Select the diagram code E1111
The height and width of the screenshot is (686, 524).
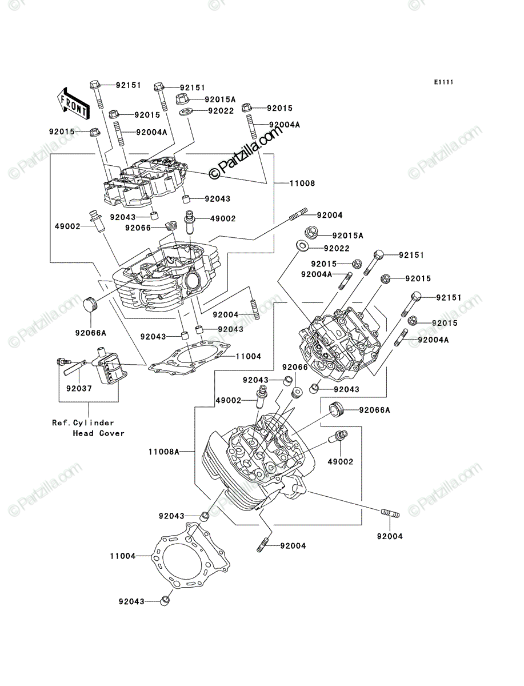click(443, 82)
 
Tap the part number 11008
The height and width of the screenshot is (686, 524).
click(302, 183)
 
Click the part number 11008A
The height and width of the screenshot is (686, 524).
click(163, 452)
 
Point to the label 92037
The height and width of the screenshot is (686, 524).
click(79, 389)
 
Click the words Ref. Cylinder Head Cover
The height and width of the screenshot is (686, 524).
click(89, 428)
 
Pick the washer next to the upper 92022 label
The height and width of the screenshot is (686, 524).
click(186, 111)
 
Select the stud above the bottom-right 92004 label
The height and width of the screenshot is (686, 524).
click(390, 513)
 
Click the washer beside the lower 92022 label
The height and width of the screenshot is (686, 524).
click(302, 245)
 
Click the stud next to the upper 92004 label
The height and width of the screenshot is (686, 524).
click(299, 214)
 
